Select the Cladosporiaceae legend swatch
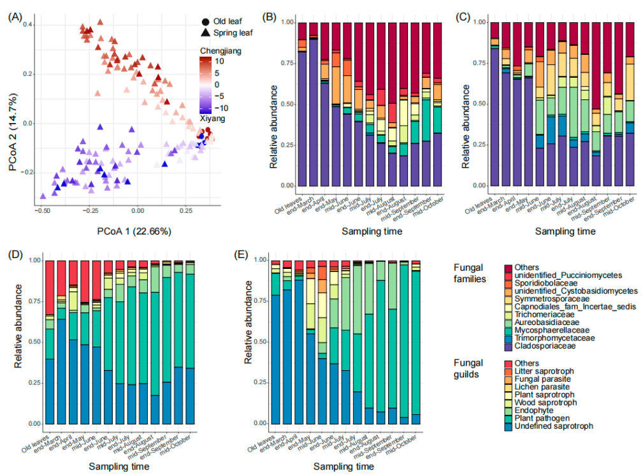coord(508,346)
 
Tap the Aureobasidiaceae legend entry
coord(508,322)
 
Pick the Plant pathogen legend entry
coord(508,419)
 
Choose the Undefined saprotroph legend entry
coord(508,426)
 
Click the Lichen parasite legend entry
coord(508,387)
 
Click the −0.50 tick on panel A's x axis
coord(43,210)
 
